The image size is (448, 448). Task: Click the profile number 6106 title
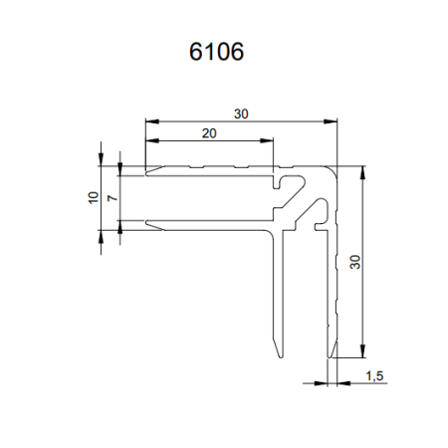pyautogui.click(x=216, y=52)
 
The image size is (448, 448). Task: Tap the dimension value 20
pyautogui.click(x=208, y=132)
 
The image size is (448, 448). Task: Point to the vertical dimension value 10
pyautogui.click(x=92, y=196)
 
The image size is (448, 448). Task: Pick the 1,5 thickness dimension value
pyautogui.click(x=374, y=375)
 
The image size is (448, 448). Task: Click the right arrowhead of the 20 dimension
pyautogui.click(x=267, y=142)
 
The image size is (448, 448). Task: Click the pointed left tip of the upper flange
pyautogui.click(x=148, y=172)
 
